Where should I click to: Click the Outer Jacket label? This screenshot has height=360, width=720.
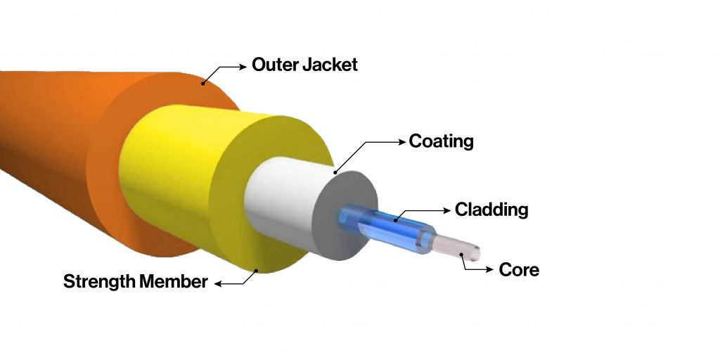pyautogui.click(x=304, y=65)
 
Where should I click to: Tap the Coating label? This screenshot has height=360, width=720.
pyautogui.click(x=441, y=141)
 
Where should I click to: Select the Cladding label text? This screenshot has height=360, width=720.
pyautogui.click(x=491, y=210)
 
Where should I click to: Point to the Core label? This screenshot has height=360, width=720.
pyautogui.click(x=519, y=269)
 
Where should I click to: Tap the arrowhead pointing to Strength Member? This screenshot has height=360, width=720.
pyautogui.click(x=219, y=283)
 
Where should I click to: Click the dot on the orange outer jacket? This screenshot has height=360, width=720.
pyautogui.click(x=203, y=83)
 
